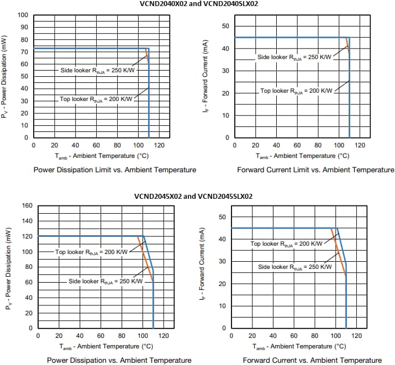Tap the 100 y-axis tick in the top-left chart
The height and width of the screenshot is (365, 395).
pos(23,14)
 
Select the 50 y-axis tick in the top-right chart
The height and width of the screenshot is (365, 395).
pos(225,27)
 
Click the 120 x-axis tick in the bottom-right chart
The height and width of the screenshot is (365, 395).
pos(356,335)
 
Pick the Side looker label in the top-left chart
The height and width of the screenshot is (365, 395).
pos(97,70)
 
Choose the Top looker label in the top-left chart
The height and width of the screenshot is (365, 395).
pos(96,99)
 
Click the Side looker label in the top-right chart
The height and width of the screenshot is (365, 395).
pos(294,57)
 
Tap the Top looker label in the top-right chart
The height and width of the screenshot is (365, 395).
pos(296,91)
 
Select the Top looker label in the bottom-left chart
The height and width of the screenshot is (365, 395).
pos(91,252)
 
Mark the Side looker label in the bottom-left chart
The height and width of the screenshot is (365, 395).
pos(105,281)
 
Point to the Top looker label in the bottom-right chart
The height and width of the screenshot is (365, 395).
pos(286,244)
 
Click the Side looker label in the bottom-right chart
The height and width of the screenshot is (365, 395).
pos(295,267)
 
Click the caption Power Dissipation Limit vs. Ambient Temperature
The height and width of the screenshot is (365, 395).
pos(115,170)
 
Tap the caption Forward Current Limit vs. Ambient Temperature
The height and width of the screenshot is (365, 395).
pos(315,170)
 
